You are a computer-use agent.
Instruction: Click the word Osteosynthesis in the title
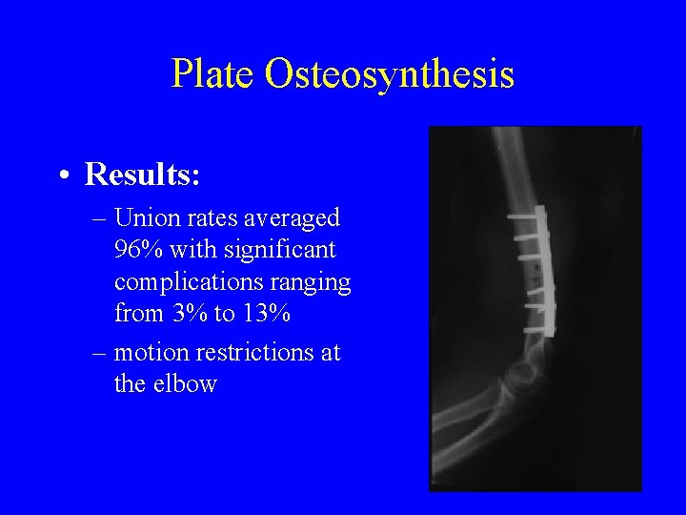pyautogui.click(x=392, y=73)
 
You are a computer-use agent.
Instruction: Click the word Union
pyautogui.click(x=144, y=218)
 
